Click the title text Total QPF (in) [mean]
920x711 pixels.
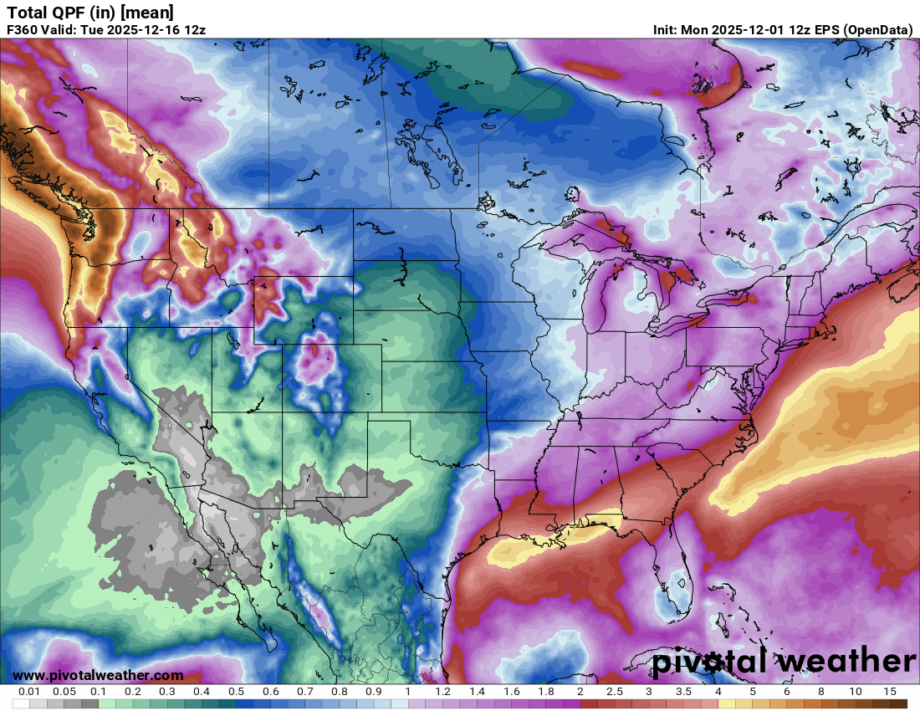tap(90, 12)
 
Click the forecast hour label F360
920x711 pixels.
tap(22, 29)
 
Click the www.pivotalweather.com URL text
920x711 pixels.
tap(98, 675)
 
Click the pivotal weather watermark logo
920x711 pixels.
tap(784, 662)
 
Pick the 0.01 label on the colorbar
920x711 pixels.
tap(29, 692)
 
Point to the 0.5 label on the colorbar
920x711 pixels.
tap(236, 692)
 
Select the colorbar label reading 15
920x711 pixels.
tap(889, 692)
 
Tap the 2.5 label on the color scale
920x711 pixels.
tap(615, 692)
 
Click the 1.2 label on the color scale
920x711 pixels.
tap(442, 692)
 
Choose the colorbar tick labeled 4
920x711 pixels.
tap(718, 692)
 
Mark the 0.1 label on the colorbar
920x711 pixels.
tap(98, 692)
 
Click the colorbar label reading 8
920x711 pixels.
tap(821, 692)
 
